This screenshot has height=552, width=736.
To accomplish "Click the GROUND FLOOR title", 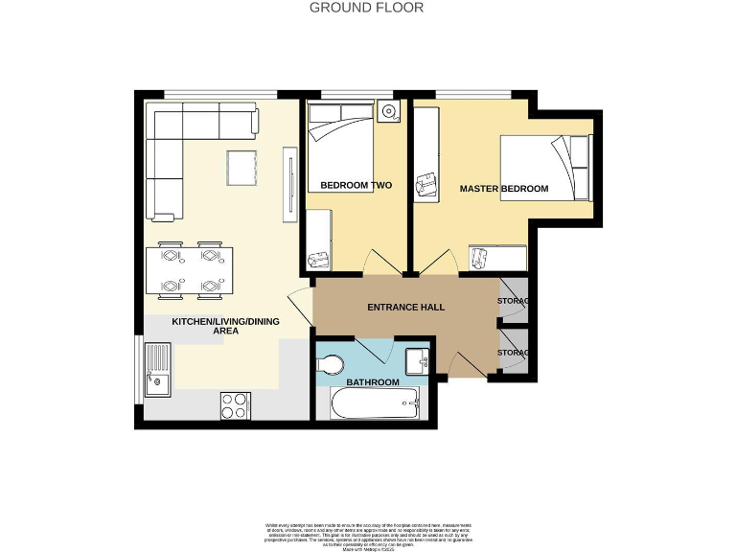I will pyautogui.click(x=367, y=8).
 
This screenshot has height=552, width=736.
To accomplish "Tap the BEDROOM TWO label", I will pyautogui.click(x=356, y=185).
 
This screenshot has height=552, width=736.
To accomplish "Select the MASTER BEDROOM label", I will pyautogui.click(x=503, y=189).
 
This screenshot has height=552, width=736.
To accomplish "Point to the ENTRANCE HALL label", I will pyautogui.click(x=406, y=308).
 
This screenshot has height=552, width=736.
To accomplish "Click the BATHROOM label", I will pyautogui.click(x=373, y=382).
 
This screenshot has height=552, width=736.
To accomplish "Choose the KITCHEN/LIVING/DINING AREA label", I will pyautogui.click(x=225, y=326).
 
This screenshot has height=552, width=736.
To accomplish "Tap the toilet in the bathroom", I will pyautogui.click(x=330, y=364).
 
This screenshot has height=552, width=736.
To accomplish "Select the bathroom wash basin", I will pyautogui.click(x=416, y=361).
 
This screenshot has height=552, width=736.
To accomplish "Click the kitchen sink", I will pyautogui.click(x=157, y=371).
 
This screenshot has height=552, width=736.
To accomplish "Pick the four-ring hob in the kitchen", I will pyautogui.click(x=235, y=405).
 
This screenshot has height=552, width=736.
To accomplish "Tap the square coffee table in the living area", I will pyautogui.click(x=242, y=169).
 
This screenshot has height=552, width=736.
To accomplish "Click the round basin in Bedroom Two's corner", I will pyautogui.click(x=388, y=112).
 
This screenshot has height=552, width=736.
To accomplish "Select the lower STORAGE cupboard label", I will pyautogui.click(x=513, y=353).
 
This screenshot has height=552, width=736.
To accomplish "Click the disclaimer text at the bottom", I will pyautogui.click(x=367, y=532).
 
